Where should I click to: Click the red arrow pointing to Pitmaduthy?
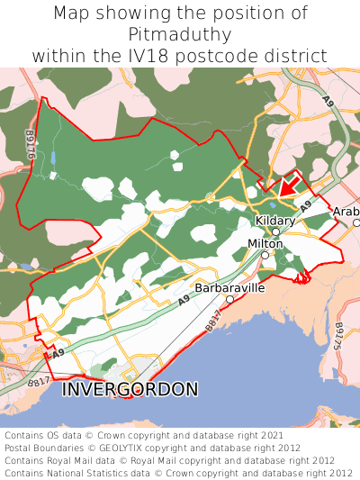coord(288,186)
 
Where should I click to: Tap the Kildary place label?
coord(275,221)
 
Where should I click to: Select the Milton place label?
coord(265,244)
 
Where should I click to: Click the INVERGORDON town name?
coord(130,390)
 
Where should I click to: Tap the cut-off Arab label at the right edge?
coord(346,213)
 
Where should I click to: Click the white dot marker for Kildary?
coord(276,231)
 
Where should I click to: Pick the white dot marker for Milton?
coord(265,255)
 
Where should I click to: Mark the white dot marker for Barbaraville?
coord(229,299)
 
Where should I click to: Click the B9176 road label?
coord(30,144)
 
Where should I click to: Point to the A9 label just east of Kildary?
coord(306,206)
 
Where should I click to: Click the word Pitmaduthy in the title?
coord(180,34)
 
